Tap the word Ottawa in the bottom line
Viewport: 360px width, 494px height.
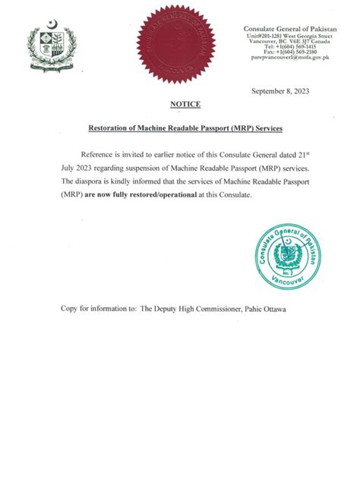click(272, 309)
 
